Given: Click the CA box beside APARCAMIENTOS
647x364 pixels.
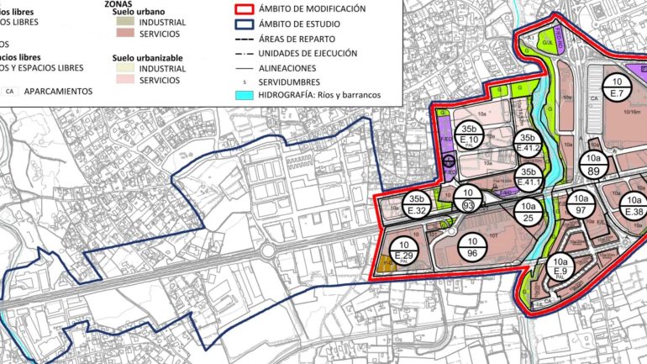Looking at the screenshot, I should click(10, 89).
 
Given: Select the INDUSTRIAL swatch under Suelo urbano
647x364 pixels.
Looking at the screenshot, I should click(126, 22).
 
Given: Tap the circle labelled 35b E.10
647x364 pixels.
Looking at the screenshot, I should click(470, 136).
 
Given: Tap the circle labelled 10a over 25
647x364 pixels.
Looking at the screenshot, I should click(527, 211).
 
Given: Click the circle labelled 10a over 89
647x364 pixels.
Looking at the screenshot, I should click(594, 164).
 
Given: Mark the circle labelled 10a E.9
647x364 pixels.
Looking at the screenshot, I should click(561, 269).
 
